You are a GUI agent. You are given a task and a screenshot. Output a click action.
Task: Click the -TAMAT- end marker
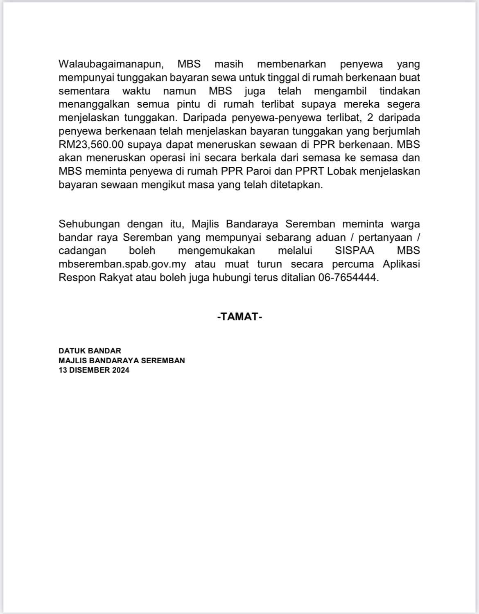point(239,316)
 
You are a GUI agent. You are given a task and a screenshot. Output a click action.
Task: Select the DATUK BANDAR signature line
point(90,351)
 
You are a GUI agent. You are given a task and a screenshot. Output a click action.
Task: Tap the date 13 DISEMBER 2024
point(94,370)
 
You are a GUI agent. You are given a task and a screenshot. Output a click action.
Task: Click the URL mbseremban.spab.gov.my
point(122,264)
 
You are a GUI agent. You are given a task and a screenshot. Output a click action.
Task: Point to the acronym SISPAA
point(355,250)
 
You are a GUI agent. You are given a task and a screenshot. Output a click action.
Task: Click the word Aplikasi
point(401,264)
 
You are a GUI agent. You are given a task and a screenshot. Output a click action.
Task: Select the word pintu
point(188,104)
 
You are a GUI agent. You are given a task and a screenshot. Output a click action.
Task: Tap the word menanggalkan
point(94,104)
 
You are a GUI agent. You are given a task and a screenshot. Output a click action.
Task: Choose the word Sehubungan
point(89,224)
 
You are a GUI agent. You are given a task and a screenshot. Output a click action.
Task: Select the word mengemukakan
point(217,250)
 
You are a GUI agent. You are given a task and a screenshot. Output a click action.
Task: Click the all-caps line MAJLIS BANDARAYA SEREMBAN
point(122,360)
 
